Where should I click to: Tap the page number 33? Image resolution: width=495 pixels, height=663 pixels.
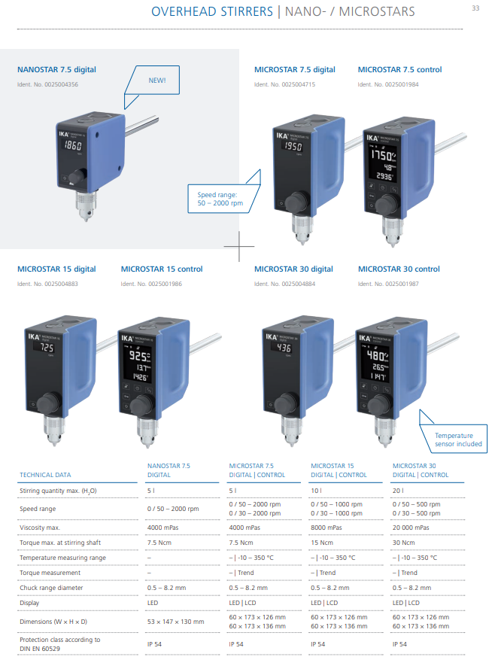(475, 8)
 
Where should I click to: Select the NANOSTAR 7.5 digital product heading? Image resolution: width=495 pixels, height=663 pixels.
(56, 70)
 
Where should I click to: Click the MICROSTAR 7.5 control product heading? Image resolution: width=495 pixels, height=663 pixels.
(399, 70)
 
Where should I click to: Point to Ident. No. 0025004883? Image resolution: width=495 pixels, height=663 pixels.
(47, 284)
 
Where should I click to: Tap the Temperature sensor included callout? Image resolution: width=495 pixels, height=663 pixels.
(458, 439)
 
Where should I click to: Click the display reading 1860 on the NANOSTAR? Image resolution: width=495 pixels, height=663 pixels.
(74, 145)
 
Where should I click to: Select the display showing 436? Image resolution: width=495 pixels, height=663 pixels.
(284, 348)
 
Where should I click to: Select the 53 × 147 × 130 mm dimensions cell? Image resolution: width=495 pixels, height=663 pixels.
(176, 622)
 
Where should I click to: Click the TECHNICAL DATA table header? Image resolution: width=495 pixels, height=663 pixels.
(45, 475)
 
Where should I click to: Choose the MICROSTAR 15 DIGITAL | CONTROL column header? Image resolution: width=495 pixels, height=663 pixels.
(339, 470)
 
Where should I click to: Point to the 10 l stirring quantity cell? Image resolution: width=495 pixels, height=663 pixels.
(316, 491)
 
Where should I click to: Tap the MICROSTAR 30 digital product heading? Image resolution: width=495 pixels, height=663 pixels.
(293, 269)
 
